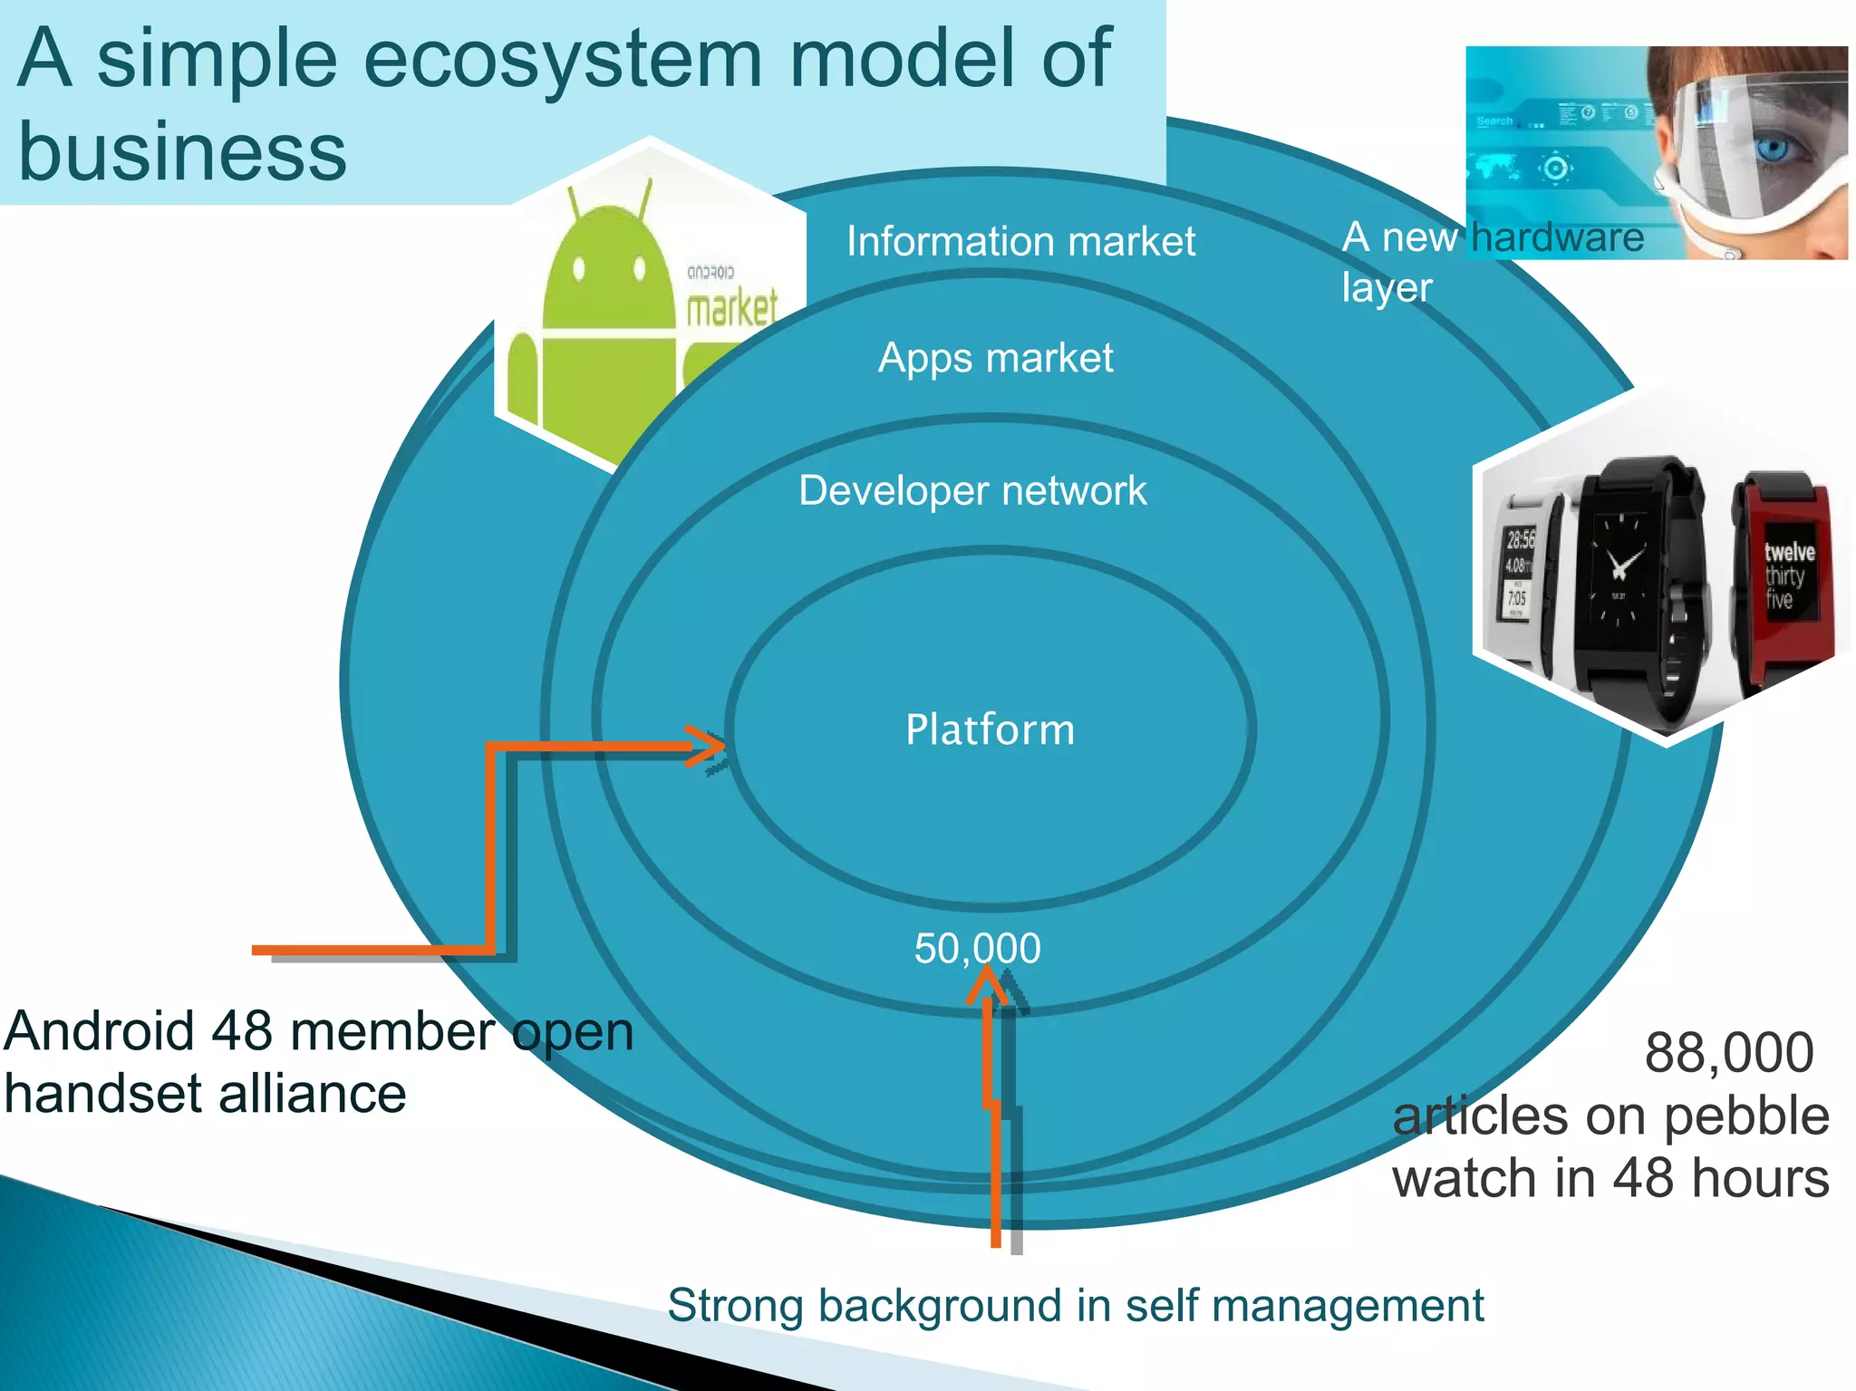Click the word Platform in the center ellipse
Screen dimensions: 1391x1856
(990, 730)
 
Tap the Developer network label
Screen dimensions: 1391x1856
(972, 491)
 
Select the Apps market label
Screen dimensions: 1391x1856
(995, 358)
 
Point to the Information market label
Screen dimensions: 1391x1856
(1020, 242)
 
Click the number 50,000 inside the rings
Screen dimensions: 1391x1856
(977, 949)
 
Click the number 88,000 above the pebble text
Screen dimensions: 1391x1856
(1728, 1053)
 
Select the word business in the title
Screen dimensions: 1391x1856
(181, 152)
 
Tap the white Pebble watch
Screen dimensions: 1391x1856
(1522, 580)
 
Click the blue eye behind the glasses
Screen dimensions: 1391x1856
(1772, 148)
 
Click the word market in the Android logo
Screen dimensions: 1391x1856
(730, 308)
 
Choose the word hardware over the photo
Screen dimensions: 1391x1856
(1557, 238)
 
